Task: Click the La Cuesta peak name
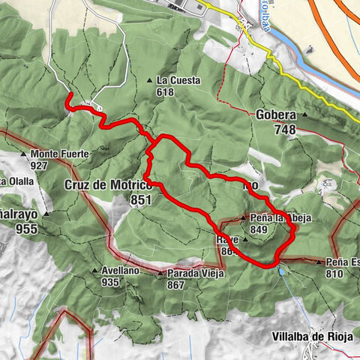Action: click(x=176, y=80)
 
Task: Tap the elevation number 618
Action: click(x=166, y=92)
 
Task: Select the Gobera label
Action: click(x=276, y=115)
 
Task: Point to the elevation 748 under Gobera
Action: click(x=285, y=130)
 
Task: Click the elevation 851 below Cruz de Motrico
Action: click(x=139, y=199)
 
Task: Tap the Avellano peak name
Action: click(x=121, y=271)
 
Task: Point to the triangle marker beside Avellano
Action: click(x=94, y=271)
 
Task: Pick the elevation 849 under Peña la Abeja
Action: click(x=259, y=230)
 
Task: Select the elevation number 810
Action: click(x=335, y=274)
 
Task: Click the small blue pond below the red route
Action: click(x=281, y=272)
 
